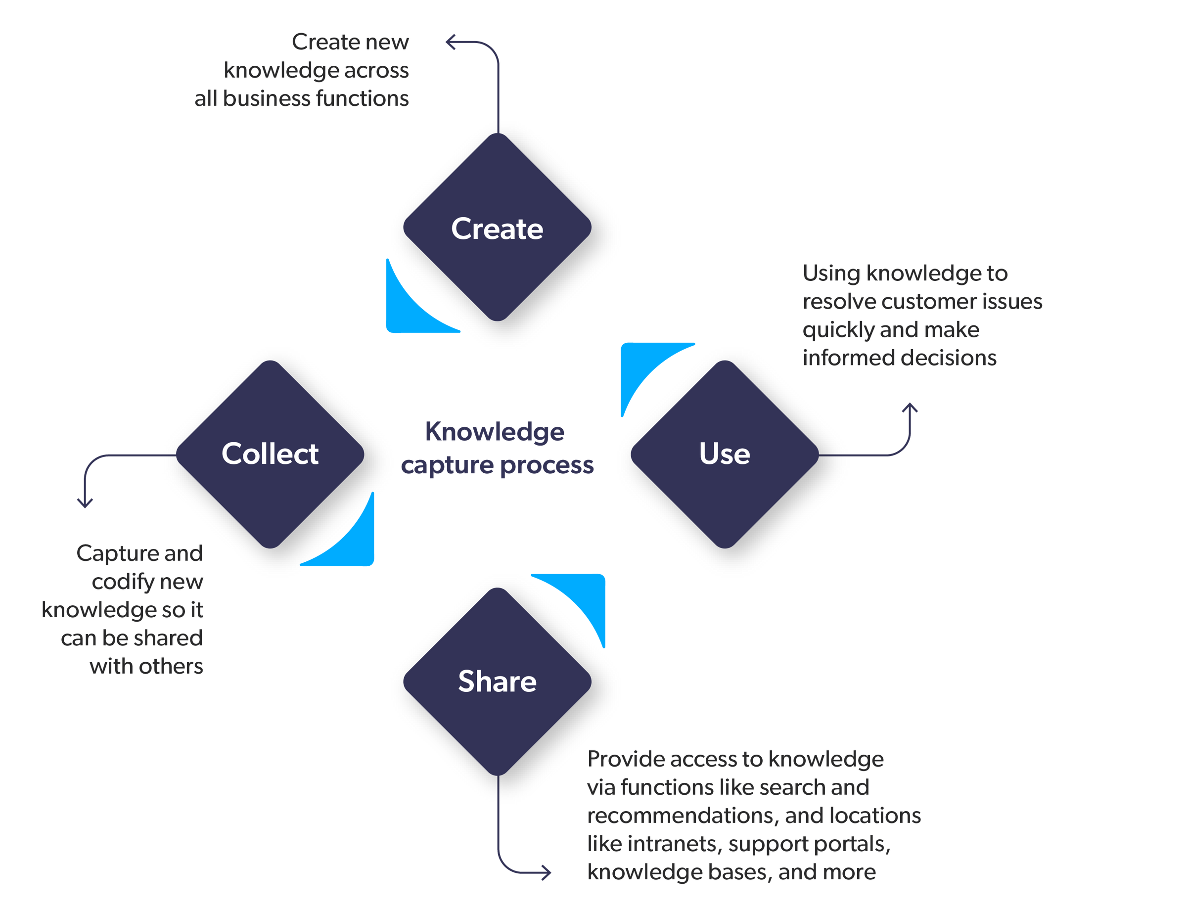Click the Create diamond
click(497, 227)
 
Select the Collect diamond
click(270, 454)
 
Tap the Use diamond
click(725, 454)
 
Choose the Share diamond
click(497, 681)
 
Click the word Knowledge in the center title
click(495, 432)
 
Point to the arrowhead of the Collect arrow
click(85, 505)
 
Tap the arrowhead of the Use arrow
click(911, 406)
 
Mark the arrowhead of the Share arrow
click(548, 873)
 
